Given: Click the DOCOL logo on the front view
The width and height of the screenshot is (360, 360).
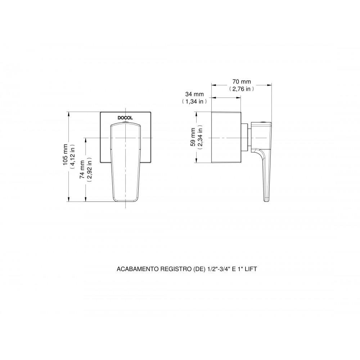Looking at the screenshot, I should click(x=125, y=118).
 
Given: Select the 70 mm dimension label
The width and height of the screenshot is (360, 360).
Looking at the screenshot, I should click(x=242, y=82).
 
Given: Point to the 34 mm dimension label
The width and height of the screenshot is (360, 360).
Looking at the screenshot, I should click(x=194, y=95).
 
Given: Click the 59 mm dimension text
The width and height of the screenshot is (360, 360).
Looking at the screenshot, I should click(x=193, y=137).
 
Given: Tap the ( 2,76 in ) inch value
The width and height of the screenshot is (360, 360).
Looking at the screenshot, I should click(x=242, y=89).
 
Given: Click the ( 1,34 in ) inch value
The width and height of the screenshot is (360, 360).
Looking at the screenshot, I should click(x=194, y=102).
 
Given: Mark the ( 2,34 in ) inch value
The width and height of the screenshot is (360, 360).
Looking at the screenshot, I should click(x=200, y=137).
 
